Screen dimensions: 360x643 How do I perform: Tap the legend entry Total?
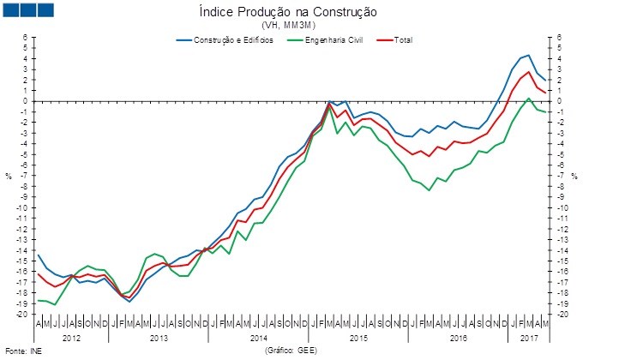pyautogui.click(x=403, y=40)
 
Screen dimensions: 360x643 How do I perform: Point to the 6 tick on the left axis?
pyautogui.click(x=26, y=38)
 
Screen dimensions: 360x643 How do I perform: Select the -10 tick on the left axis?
pyautogui.click(x=24, y=207)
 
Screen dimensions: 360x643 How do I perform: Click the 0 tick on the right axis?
pyautogui.click(x=561, y=101)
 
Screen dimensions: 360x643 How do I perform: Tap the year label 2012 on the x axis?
pyautogui.click(x=72, y=339)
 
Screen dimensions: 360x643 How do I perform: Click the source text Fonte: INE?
pyautogui.click(x=23, y=351)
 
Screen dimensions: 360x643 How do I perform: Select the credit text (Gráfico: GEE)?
pyautogui.click(x=290, y=351)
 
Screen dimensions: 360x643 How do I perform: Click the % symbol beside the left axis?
pyautogui.click(x=9, y=177)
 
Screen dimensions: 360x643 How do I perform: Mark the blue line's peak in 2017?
pyautogui.click(x=529, y=56)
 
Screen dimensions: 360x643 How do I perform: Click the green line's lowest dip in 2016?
pyautogui.click(x=429, y=190)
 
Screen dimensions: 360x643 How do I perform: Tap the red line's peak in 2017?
pyautogui.click(x=529, y=72)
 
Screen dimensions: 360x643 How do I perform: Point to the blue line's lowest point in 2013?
pyautogui.click(x=129, y=302)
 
